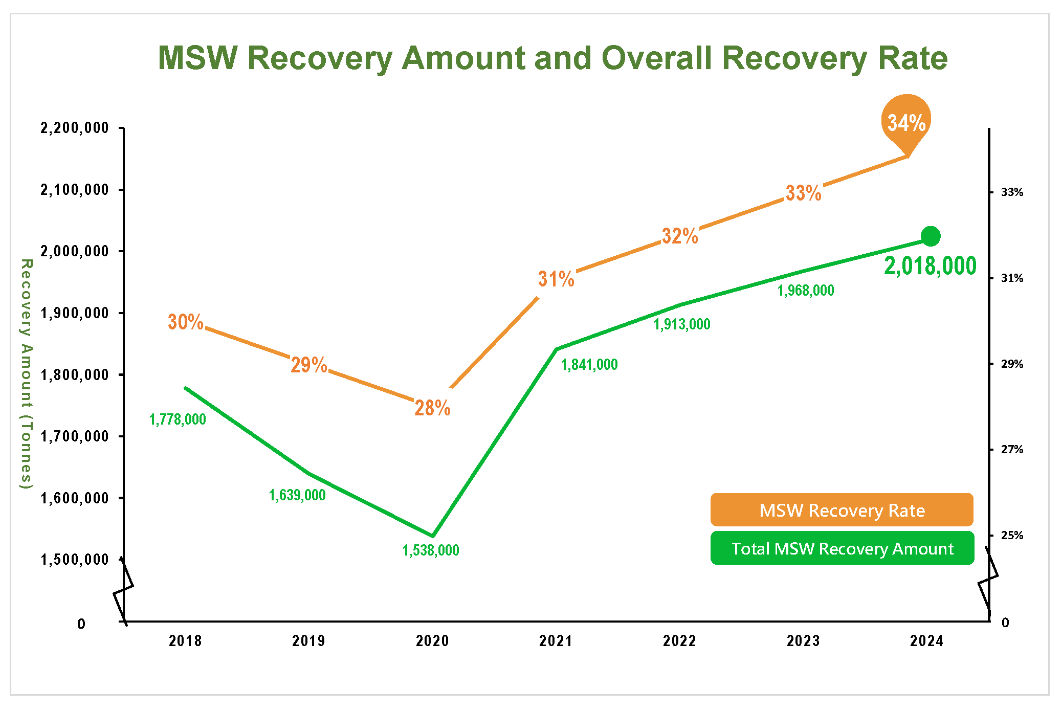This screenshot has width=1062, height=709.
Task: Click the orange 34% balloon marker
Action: pos(906,122)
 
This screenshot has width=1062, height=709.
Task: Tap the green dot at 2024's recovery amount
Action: pos(930,236)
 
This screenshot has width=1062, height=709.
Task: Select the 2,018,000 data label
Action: pos(930,266)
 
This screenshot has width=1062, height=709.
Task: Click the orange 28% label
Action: pos(432,408)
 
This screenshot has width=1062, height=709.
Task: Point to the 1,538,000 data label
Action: pos(431,550)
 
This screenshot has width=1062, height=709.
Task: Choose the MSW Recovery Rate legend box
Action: pos(842,510)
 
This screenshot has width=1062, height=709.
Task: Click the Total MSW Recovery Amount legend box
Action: pos(842,548)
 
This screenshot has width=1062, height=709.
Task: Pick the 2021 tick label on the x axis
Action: pos(556,641)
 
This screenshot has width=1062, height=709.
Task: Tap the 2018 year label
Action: pos(185,641)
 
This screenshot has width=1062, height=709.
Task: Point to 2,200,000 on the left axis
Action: pos(75,128)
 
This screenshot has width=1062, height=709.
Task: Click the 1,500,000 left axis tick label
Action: pos(75,560)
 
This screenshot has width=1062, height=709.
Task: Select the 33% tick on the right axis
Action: pos(1012,192)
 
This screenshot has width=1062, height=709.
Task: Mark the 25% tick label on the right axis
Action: pos(1012,536)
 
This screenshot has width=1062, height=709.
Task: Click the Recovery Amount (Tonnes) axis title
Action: pos(26,373)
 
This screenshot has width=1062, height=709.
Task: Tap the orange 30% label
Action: pos(186,322)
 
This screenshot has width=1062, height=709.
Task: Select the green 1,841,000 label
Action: pos(589,365)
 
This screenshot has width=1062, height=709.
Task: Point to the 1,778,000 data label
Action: pos(178,419)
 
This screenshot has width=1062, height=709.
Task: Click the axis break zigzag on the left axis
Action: pos(123,591)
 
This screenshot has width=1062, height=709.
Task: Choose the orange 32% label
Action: pos(680,236)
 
